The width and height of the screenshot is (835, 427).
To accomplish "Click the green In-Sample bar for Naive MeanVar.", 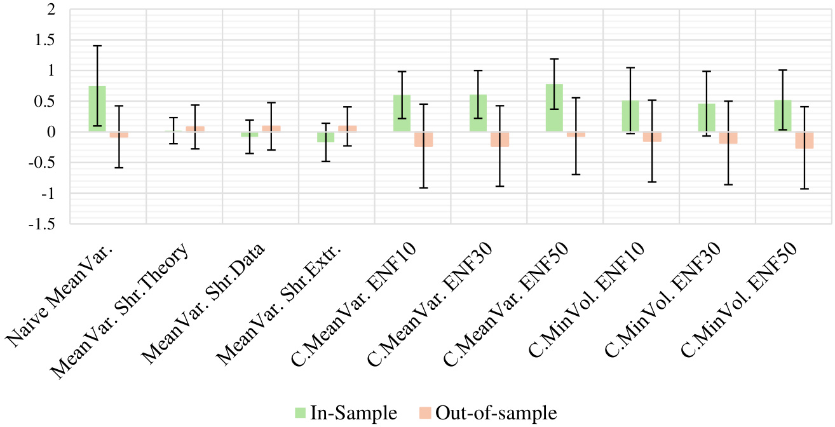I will pyautogui.click(x=97, y=109).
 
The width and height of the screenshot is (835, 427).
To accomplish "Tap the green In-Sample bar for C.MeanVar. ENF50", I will pyautogui.click(x=554, y=108).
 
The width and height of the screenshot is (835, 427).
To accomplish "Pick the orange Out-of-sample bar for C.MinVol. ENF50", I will pyautogui.click(x=804, y=140).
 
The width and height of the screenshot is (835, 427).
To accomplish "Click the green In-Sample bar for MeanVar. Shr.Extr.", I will pyautogui.click(x=326, y=137).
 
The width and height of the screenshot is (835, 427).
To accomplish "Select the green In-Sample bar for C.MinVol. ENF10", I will pyautogui.click(x=630, y=116).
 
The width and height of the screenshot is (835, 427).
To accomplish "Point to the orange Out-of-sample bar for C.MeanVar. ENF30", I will pyautogui.click(x=499, y=139).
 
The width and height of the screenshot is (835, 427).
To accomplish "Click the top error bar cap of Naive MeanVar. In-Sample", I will pyautogui.click(x=97, y=46).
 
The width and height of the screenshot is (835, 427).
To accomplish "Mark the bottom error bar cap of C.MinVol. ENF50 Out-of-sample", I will pyautogui.click(x=804, y=189).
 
